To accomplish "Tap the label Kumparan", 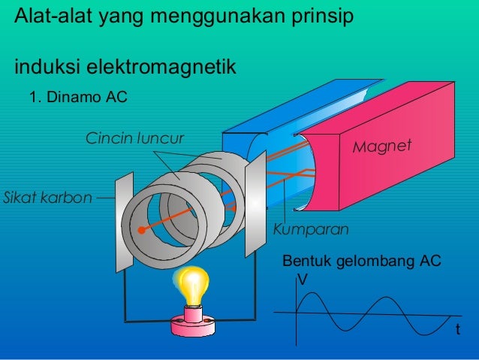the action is [311, 228].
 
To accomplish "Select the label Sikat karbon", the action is [47, 198].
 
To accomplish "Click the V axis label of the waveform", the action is [303, 279].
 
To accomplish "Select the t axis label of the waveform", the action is [458, 331].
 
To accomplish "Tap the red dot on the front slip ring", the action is [141, 230].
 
